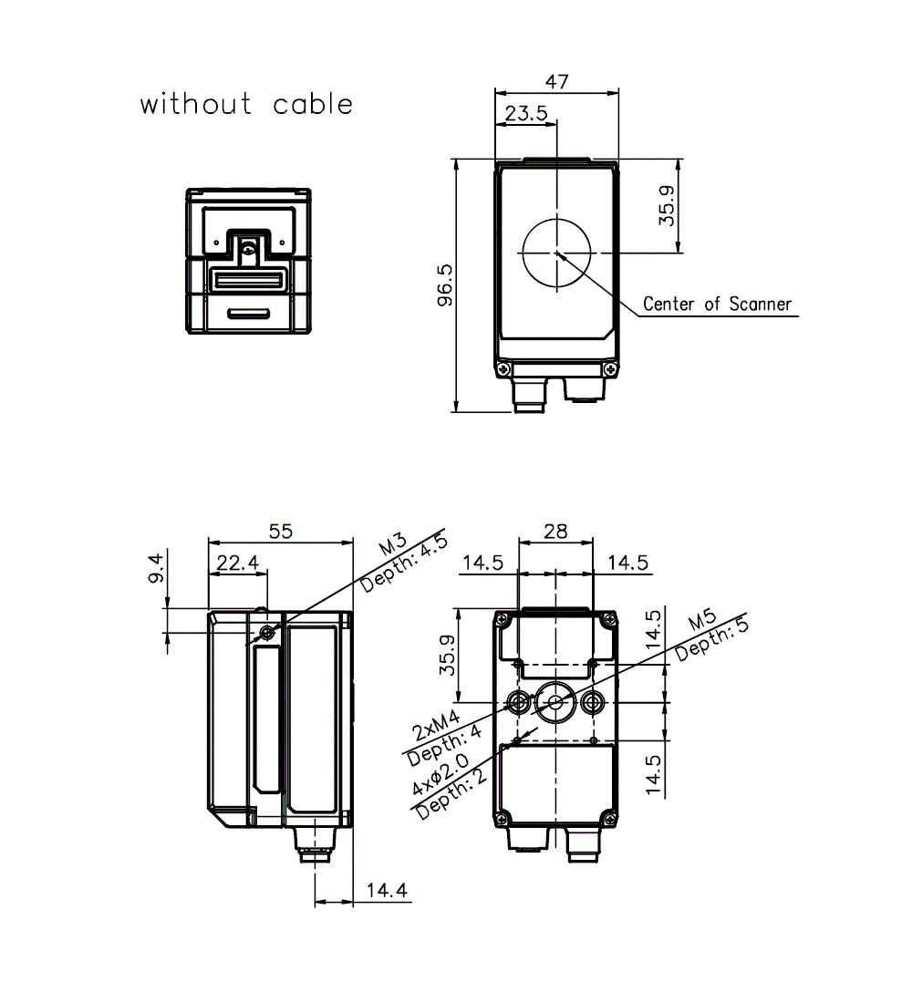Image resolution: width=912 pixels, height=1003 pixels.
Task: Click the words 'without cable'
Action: (x=245, y=104)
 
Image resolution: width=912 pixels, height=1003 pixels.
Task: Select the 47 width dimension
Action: (x=556, y=81)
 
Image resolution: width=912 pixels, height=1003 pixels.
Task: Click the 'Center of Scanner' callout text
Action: (x=717, y=304)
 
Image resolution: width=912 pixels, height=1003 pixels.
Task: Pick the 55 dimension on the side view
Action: (x=281, y=532)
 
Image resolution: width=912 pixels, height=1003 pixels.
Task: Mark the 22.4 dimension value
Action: (x=236, y=564)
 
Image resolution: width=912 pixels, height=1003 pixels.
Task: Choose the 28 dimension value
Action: (x=556, y=532)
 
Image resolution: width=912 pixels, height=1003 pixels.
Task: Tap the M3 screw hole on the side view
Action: (x=266, y=633)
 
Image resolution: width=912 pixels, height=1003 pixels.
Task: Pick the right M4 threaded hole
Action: (x=595, y=702)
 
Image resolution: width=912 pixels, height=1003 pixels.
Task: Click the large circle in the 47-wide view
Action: (x=556, y=253)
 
